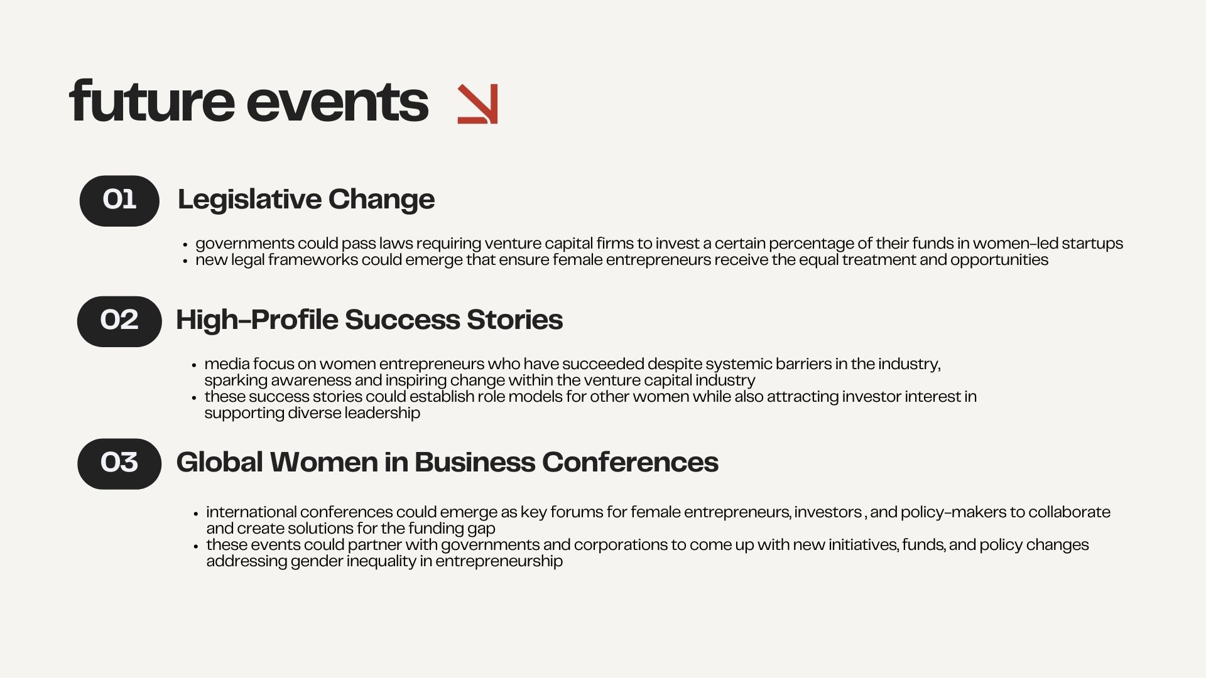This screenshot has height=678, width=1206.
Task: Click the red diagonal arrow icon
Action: coord(477,104)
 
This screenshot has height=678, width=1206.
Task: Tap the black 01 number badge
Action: coord(119,201)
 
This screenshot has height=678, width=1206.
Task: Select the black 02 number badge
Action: coord(119,321)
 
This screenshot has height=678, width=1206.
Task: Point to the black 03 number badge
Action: coord(119,464)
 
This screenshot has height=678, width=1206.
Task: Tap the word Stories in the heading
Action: coord(514,320)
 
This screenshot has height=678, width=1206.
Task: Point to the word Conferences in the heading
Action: coord(630,462)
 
